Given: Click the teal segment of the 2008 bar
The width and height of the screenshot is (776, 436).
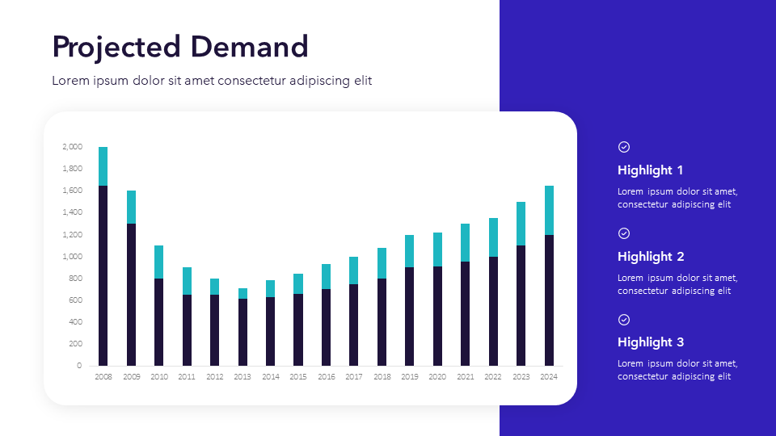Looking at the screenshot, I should click(x=103, y=166).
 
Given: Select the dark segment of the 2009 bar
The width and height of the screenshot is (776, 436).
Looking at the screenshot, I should click(x=131, y=295).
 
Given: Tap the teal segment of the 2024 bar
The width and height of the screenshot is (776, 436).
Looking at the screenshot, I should click(x=549, y=210).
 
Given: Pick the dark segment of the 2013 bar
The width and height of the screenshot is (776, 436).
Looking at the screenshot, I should click(x=242, y=332).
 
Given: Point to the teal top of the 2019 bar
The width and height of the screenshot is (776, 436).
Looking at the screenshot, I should click(x=410, y=251).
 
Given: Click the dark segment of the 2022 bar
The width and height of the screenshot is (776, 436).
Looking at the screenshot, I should click(x=493, y=311).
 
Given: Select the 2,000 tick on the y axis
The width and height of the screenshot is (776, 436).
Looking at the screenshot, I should click(x=72, y=147).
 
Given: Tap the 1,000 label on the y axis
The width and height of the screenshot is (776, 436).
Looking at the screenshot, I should click(x=72, y=257).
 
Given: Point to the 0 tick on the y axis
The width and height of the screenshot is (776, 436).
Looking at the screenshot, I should click(x=79, y=366).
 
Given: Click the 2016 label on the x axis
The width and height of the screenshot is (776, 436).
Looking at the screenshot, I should click(x=327, y=377).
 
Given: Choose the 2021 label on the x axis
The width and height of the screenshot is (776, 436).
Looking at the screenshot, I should click(x=466, y=377).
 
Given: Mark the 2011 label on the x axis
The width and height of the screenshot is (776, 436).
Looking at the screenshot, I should click(x=187, y=377).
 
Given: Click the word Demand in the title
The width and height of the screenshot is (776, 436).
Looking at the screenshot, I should click(x=250, y=47).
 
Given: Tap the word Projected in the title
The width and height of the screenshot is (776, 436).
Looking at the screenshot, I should click(x=116, y=47).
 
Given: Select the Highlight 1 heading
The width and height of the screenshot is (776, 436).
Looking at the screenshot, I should click(x=651, y=170).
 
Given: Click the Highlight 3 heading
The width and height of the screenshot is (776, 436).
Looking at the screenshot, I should click(x=651, y=342).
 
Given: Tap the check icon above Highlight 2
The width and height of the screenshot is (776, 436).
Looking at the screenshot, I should click(x=624, y=233).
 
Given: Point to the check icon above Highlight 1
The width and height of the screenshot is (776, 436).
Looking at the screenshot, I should click(x=624, y=147).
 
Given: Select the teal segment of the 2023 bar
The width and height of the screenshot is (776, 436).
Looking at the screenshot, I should click(x=521, y=224).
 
